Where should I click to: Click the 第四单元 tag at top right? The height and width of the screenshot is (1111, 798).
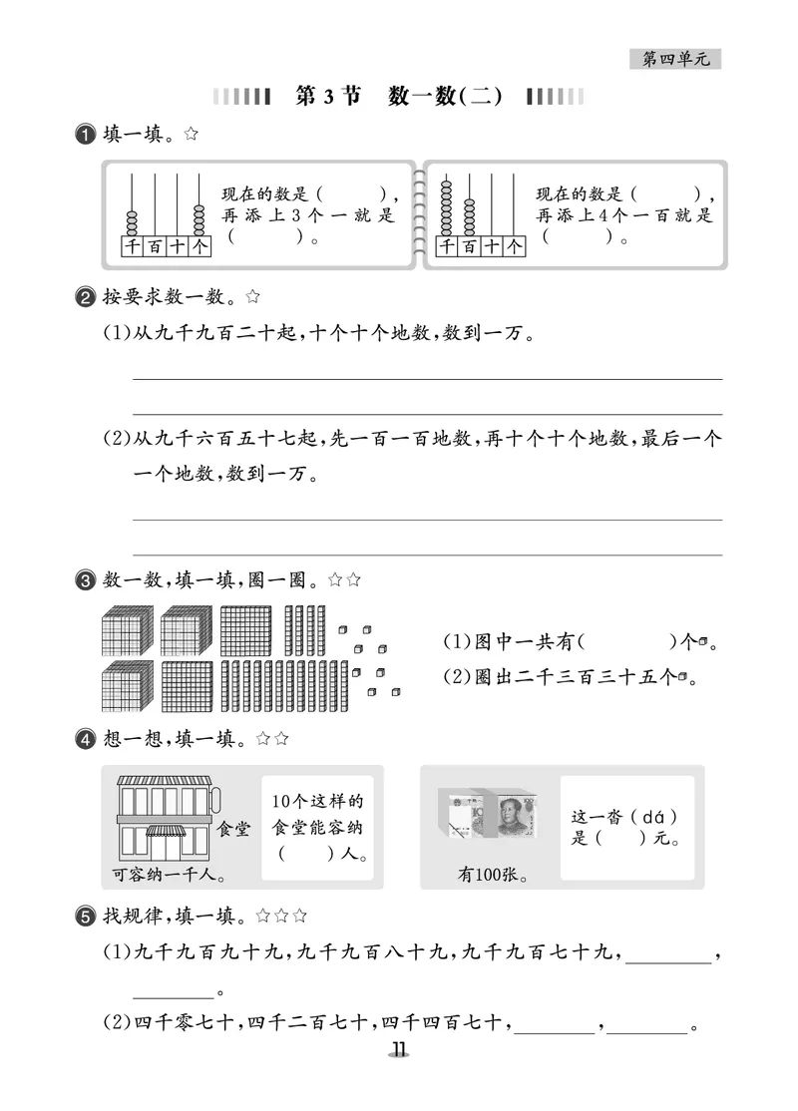pos(675,60)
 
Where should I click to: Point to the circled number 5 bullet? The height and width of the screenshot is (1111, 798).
pos(86,915)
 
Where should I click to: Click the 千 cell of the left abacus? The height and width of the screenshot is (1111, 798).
pos(132,245)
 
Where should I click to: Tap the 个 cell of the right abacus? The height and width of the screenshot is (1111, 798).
pos(514,245)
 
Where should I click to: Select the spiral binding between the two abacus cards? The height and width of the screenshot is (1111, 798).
pos(419,214)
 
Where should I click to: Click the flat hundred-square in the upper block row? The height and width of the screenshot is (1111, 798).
pos(244,629)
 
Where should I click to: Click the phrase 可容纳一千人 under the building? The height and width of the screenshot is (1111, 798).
pos(166,877)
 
